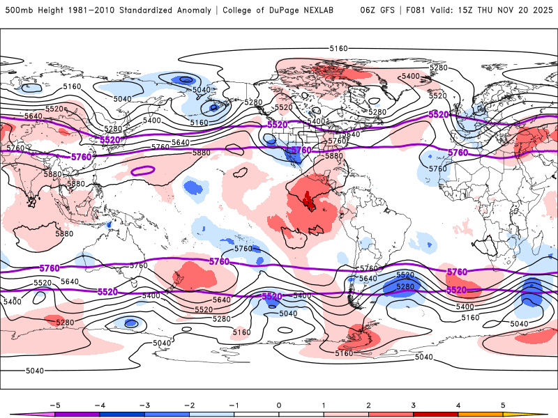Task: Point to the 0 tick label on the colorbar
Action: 278,405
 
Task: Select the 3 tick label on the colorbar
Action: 413,405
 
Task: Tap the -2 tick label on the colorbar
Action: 188,405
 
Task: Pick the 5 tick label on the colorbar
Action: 503,405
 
